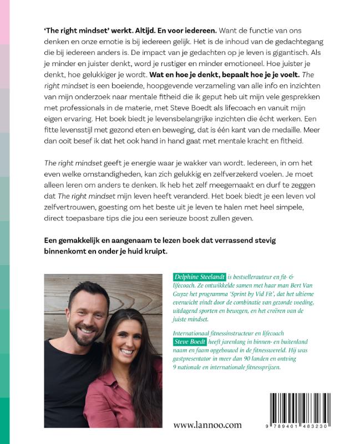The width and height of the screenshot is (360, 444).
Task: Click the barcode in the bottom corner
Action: (x=301, y=408)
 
